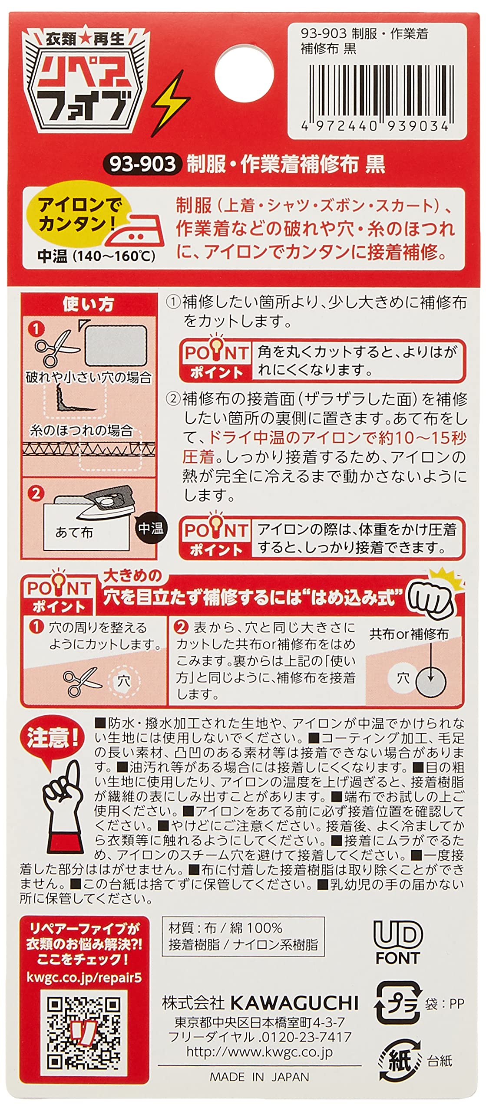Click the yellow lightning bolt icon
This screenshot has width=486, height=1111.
[x=171, y=104]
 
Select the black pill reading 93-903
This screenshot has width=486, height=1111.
[x=142, y=164]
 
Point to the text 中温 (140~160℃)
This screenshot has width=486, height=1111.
[x=96, y=256]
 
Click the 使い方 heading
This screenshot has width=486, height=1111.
[x=89, y=304]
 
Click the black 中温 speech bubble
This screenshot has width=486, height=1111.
[x=151, y=528]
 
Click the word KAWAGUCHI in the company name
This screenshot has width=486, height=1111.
[x=294, y=1003]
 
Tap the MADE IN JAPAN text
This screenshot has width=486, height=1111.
[x=260, y=1077]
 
